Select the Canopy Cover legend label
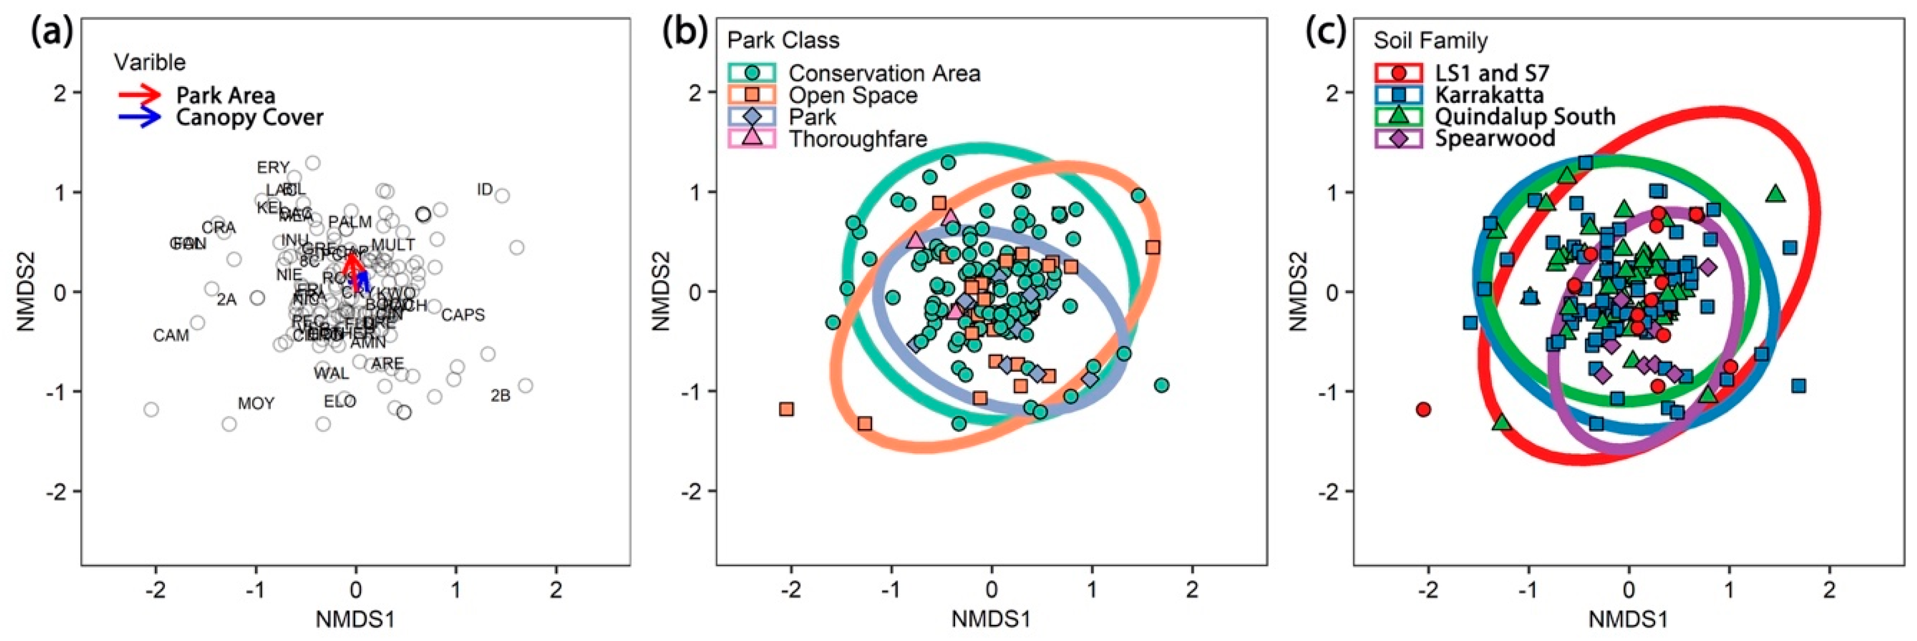pos(249,117)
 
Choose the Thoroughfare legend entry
pos(857,139)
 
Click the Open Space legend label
pos(853,95)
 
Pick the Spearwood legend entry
pos(1495,138)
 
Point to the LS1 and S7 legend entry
pos(1491,73)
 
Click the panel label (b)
pos(685,34)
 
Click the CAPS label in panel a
pos(463,315)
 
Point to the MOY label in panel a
pos(256,404)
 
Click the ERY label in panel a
pos(273,168)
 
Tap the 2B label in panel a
pos(500,396)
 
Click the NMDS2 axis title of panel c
pos(1299,292)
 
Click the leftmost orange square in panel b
pos(786,409)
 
